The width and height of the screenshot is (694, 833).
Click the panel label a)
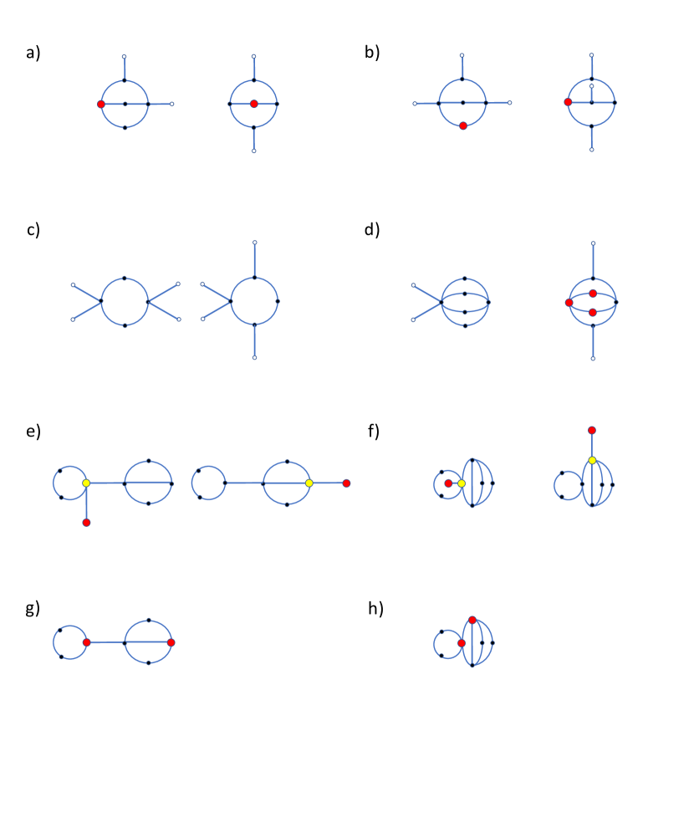[x=33, y=53]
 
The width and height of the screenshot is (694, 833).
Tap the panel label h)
[x=375, y=609]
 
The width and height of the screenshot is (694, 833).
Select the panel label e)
[x=33, y=432]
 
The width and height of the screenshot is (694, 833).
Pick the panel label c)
[x=33, y=230]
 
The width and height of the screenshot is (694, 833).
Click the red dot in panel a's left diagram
[x=101, y=104]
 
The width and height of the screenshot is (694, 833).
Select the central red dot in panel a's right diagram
[x=254, y=104]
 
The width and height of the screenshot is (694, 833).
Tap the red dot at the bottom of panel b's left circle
[x=463, y=125]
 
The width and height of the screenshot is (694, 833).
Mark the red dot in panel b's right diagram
[x=568, y=102]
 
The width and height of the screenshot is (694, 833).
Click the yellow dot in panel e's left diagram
[x=86, y=483]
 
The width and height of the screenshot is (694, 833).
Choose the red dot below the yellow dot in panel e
[x=86, y=523]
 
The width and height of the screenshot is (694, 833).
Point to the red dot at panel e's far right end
[x=346, y=483]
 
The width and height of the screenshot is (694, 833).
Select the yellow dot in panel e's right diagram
[x=309, y=483]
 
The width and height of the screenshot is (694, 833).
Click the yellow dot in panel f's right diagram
[x=592, y=460]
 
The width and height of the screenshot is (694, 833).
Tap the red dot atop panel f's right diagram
[x=592, y=430]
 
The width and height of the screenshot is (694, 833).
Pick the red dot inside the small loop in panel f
[x=448, y=483]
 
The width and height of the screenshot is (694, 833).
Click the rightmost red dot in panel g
[x=171, y=642]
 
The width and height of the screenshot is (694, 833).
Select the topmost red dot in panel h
[x=472, y=620]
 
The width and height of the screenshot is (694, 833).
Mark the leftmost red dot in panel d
[x=569, y=303]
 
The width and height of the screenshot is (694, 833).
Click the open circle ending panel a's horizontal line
[x=172, y=104]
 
